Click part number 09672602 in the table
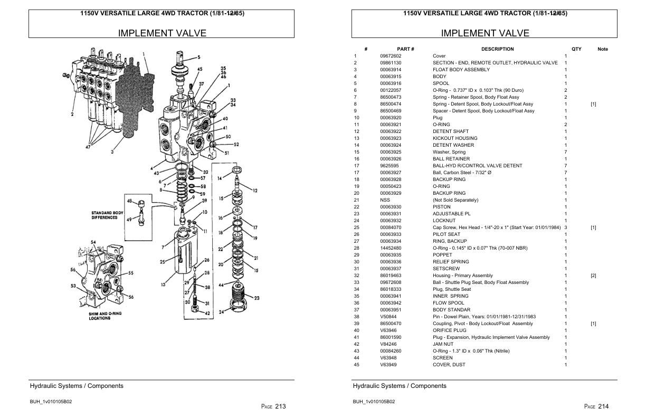[391, 56]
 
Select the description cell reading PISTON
[441, 207]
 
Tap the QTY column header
[576, 49]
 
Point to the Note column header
[603, 49]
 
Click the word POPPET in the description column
[442, 255]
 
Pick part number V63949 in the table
[388, 365]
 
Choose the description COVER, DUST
[448, 365]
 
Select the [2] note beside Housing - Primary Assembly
[593, 275]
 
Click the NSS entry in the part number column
[385, 200]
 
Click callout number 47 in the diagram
[88, 147]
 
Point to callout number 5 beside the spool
[198, 58]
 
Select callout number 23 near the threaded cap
[256, 298]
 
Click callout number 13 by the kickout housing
[164, 284]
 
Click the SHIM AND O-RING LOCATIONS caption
[107, 316]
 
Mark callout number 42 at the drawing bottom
[207, 313]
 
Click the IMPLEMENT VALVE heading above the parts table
[484, 33]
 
